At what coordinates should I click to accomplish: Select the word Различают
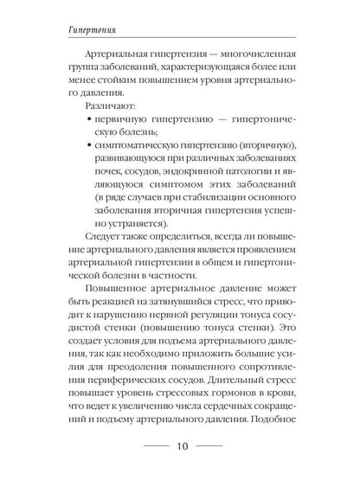[x=106, y=119]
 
